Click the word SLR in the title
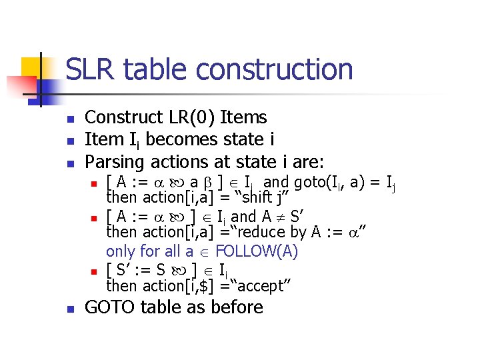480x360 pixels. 91,70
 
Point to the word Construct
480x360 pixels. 123,118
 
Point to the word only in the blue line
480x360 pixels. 120,251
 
